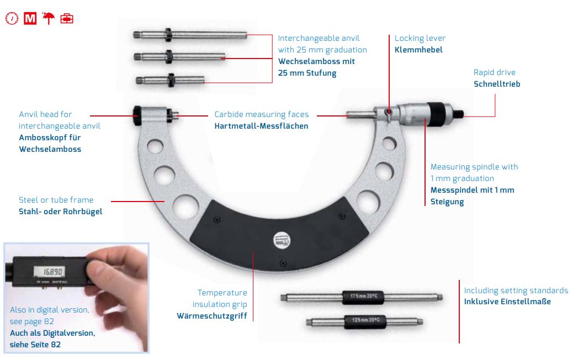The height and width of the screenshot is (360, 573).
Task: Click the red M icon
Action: (x=30, y=18)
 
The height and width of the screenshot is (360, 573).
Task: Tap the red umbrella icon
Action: (x=48, y=18)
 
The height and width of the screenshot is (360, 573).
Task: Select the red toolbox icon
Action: (x=66, y=18)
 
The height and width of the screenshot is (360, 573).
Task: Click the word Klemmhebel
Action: (x=418, y=50)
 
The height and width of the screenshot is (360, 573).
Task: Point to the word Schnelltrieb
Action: (x=497, y=84)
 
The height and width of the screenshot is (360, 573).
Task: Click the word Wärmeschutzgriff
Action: (x=212, y=316)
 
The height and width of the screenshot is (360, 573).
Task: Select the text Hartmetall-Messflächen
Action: (x=261, y=126)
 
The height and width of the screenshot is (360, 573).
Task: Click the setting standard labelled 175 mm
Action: (x=362, y=297)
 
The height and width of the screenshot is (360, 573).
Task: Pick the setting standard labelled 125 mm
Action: (x=365, y=321)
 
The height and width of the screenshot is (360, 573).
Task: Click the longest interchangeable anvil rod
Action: (x=190, y=35)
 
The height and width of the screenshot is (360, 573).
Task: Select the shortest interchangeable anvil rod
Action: (x=170, y=80)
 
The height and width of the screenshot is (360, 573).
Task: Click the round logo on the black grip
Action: (x=282, y=241)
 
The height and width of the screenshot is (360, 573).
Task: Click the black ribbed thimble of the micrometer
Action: (x=439, y=114)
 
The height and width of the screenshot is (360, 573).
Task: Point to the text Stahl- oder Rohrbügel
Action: (x=61, y=211)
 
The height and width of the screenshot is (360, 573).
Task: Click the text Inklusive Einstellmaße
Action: (x=507, y=302)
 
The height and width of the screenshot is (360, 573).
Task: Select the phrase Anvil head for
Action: (x=45, y=114)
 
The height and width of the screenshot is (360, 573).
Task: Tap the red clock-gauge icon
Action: (x=12, y=18)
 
